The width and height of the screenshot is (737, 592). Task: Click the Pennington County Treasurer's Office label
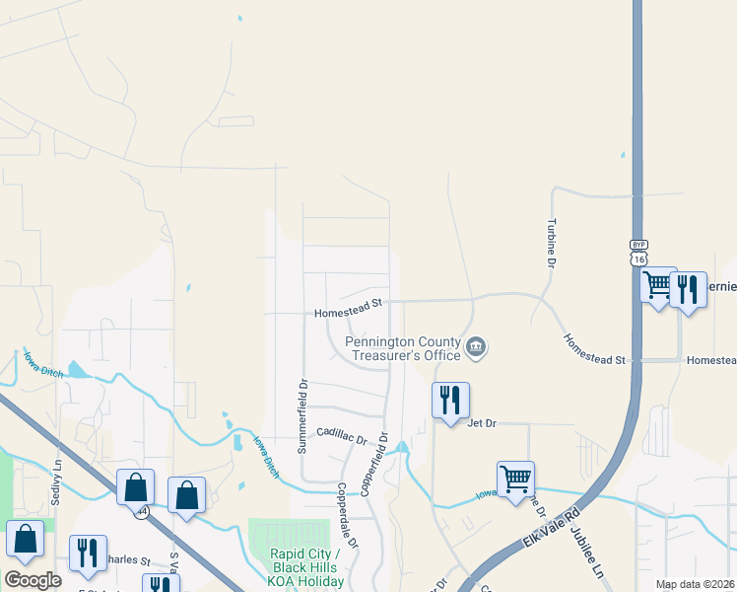(x=402, y=348)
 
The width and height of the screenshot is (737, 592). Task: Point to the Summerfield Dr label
(x=303, y=415)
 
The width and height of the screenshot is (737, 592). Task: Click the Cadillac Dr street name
(x=341, y=434)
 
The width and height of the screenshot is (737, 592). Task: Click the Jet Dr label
(x=481, y=422)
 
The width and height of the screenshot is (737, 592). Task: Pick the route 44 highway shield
(x=144, y=512)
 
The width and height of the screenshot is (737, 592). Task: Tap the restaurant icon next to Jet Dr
(x=450, y=400)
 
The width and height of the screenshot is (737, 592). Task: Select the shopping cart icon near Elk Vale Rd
(x=515, y=480)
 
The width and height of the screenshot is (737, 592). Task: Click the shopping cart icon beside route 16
(x=657, y=285)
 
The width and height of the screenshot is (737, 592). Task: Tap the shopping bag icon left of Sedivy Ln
(x=25, y=538)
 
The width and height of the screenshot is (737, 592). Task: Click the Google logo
(x=33, y=579)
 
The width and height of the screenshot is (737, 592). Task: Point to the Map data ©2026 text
(x=694, y=584)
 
